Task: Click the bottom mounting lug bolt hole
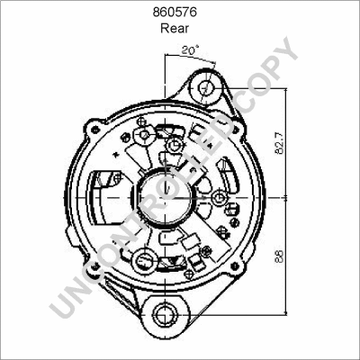[x=166, y=316]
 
